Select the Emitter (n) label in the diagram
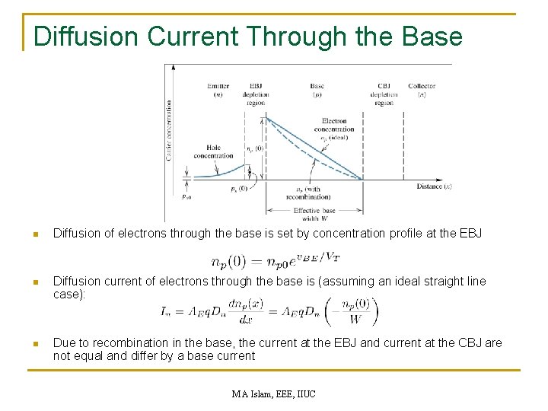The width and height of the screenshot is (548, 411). [x=218, y=91]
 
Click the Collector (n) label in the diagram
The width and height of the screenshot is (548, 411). [x=421, y=91]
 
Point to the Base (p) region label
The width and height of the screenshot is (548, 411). [x=317, y=91]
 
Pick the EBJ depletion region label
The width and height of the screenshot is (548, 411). [x=256, y=94]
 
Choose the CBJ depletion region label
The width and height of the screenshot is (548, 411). [x=384, y=94]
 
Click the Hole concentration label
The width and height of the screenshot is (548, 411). [x=214, y=151]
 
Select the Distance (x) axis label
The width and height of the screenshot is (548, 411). [x=434, y=186]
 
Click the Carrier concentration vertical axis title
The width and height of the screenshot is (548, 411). [x=168, y=129]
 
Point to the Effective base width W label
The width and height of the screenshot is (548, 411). [x=314, y=214]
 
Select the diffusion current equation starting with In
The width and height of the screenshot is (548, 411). [x=269, y=311]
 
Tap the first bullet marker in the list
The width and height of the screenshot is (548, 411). [x=35, y=234]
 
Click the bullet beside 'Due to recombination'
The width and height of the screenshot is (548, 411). [x=35, y=343]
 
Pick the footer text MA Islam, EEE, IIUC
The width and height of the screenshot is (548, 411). [x=273, y=393]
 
